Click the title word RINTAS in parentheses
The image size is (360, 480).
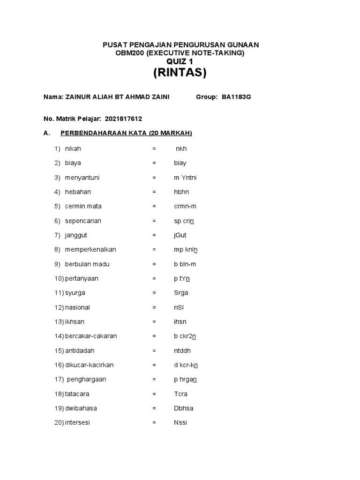point(180,73)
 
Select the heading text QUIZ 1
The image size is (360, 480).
point(180,61)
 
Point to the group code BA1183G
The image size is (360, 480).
point(236,97)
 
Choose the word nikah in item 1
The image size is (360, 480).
point(73,149)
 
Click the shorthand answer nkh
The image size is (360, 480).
point(181,149)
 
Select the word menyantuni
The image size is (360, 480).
point(82,178)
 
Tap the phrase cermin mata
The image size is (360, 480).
point(83,206)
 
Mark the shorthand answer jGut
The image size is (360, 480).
point(180,235)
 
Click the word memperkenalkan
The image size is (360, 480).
point(90,249)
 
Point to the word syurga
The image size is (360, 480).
point(75,293)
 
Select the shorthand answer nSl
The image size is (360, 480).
point(179,307)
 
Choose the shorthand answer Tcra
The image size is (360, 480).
point(180,394)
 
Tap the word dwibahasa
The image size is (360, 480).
point(81,408)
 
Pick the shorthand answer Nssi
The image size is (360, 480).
point(180,422)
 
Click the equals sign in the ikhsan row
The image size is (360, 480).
point(154,322)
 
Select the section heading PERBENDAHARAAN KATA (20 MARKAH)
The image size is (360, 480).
point(126,133)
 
